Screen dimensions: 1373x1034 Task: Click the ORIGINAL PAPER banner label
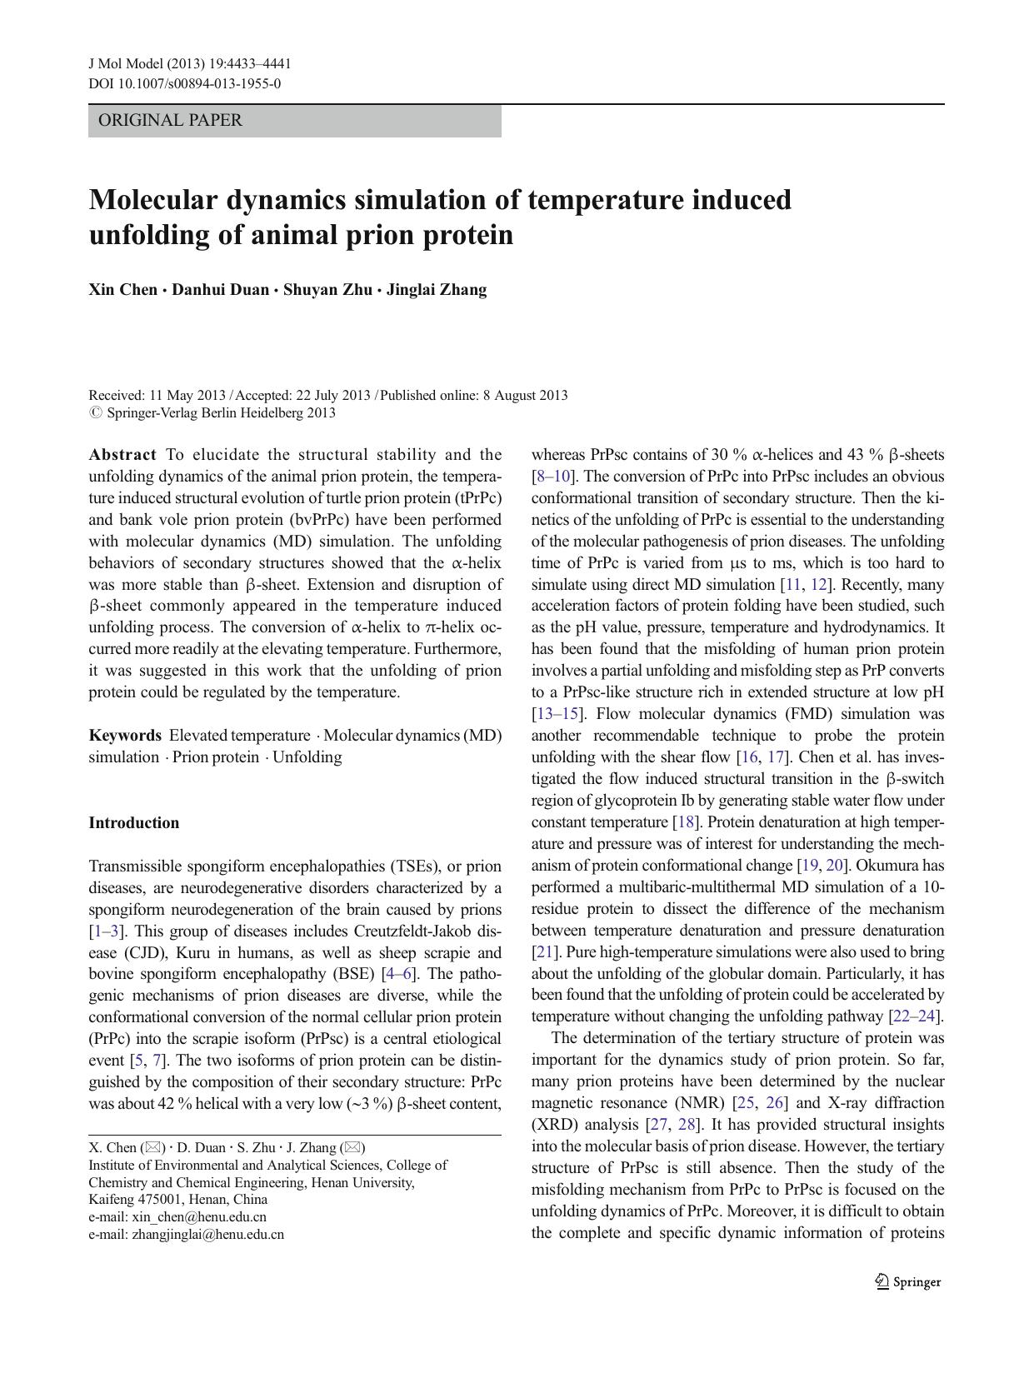coord(170,121)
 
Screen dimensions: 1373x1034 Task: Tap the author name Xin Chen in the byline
coord(122,290)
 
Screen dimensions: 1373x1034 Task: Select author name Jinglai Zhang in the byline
coord(437,290)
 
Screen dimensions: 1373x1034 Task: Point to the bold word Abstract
coord(122,455)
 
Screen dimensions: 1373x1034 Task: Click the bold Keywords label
coord(125,736)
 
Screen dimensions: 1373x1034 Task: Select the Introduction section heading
coord(134,823)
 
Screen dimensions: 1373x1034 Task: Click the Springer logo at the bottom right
coord(907,1282)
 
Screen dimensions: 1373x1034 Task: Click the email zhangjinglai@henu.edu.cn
coord(207,1235)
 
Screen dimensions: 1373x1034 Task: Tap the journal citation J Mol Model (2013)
coord(140,64)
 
